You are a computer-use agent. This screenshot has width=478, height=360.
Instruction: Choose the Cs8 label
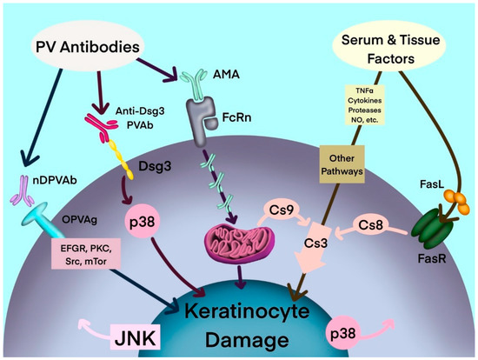click(x=373, y=224)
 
